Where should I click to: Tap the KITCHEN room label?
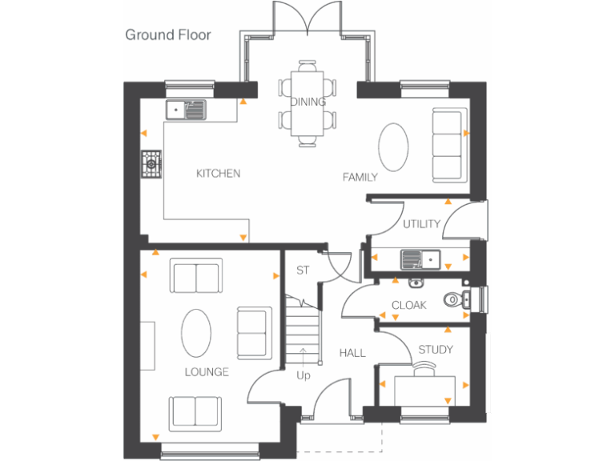(218, 174)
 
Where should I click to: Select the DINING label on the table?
(307, 102)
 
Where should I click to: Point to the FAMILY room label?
(360, 177)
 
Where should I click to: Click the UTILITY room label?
(421, 224)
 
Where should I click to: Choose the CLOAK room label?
(408, 305)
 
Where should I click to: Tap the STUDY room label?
(436, 350)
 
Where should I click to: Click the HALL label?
(352, 353)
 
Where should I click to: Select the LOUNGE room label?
(206, 372)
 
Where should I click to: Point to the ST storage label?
(303, 271)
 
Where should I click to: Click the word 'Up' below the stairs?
(303, 375)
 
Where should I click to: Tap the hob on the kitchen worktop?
(151, 165)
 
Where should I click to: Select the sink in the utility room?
(420, 259)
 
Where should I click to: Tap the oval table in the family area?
(393, 146)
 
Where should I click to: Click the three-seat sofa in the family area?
(447, 145)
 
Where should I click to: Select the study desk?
(425, 391)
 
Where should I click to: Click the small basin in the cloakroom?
(416, 282)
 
